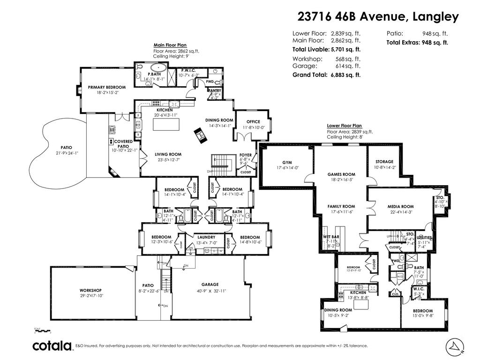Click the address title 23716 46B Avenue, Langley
pos(378,17)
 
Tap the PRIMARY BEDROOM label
pos(107,87)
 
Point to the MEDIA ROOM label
pos(400,207)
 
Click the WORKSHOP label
pos(90,290)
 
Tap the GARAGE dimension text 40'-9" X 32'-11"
pos(210,291)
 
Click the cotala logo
pos(52,346)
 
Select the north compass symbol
pos(454,345)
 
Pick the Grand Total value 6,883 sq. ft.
pos(345,75)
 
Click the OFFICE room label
pos(253,122)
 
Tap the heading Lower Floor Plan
pos(345,126)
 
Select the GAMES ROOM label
pos(341,174)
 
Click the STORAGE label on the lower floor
pos(384,162)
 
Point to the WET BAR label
pos(331,237)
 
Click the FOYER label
pos(245,155)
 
